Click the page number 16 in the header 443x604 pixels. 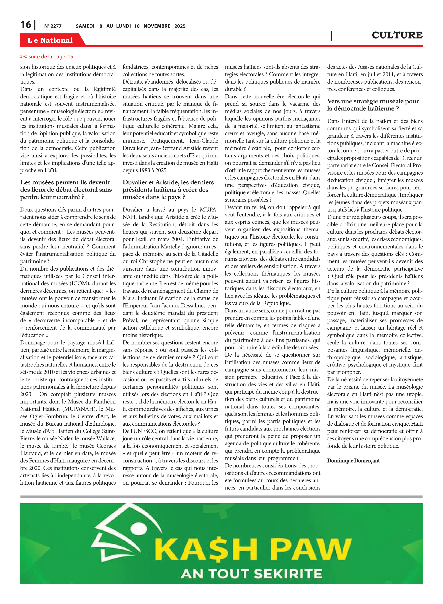[26, 25]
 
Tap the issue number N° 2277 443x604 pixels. [53, 26]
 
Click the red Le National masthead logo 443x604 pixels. [50, 40]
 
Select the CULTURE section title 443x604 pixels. [397, 35]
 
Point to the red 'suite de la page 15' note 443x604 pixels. [47, 57]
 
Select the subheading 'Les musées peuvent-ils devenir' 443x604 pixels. [65, 182]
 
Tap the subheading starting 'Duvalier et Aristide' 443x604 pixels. [168, 182]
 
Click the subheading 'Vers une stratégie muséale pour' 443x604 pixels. [373, 101]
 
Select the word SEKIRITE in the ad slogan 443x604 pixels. [288, 574]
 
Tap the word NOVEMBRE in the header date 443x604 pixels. [157, 26]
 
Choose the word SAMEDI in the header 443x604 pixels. [85, 26]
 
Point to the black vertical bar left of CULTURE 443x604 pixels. [331, 36]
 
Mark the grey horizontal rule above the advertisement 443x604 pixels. [221, 496]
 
